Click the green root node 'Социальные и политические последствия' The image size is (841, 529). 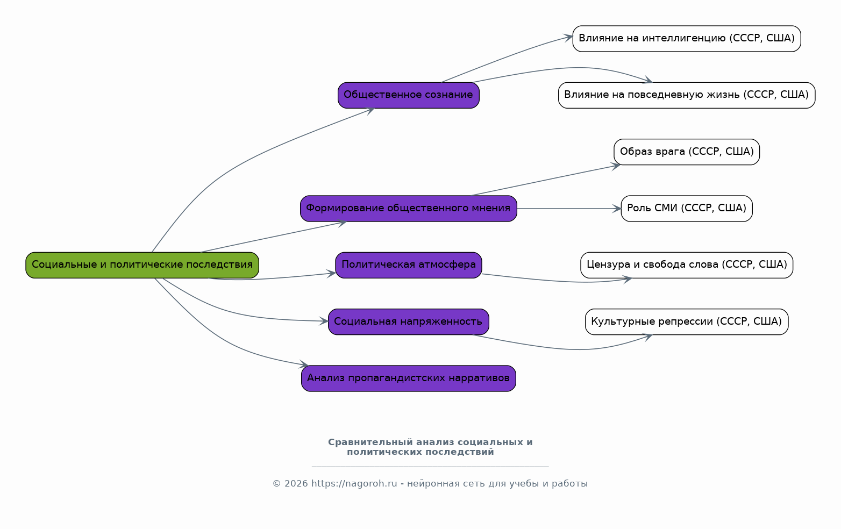142,265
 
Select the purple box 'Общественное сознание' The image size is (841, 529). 409,95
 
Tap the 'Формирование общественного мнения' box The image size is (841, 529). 409,209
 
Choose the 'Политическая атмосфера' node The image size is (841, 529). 409,265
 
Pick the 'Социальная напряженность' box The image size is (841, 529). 409,322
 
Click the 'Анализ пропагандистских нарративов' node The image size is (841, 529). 409,378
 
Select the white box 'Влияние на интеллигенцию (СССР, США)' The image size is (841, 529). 687,39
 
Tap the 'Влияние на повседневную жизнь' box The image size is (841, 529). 687,95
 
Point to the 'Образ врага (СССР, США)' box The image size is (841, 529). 687,152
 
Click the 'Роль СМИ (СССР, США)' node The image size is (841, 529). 687,209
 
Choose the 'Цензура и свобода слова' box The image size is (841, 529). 687,265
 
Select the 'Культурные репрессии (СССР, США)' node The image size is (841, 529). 687,322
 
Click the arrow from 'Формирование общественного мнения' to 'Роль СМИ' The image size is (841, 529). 569,209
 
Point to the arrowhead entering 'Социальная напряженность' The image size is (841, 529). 324,321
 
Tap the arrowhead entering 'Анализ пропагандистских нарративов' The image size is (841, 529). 303,364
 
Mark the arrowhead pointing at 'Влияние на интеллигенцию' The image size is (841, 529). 567,37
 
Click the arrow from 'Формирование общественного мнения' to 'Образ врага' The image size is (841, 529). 546,180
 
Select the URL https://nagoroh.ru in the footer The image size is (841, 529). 354,483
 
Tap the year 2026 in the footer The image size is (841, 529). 296,483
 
